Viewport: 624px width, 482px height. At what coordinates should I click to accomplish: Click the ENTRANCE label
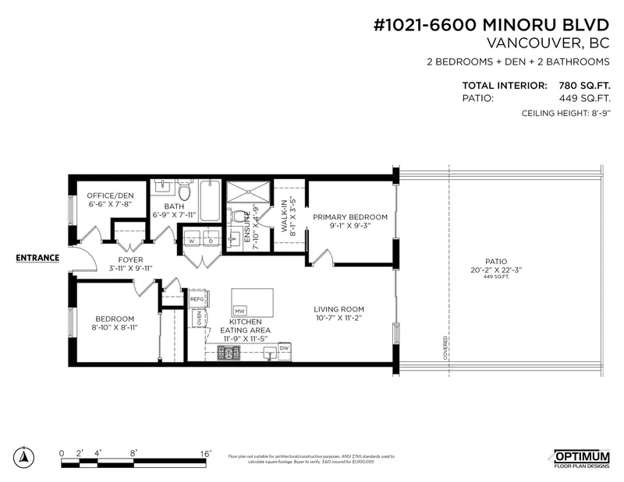(37, 258)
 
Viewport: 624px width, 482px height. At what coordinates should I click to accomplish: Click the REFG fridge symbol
(197, 298)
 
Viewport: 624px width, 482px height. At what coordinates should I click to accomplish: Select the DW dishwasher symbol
(285, 348)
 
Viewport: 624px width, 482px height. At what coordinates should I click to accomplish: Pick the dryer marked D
(209, 241)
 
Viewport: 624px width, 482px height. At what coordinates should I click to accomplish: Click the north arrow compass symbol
(26, 456)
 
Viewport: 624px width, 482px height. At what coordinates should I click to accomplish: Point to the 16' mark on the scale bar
(206, 452)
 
